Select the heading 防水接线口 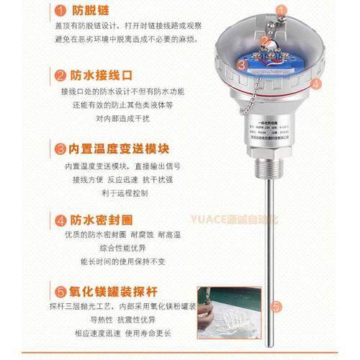coord(99,74)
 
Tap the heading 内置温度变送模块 coord(118,149)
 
